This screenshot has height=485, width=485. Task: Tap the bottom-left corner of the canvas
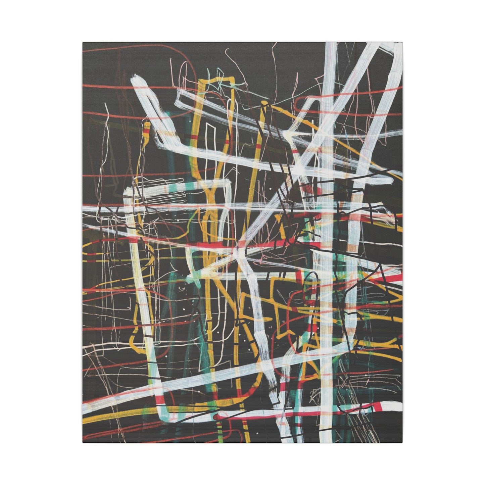point(83,442)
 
